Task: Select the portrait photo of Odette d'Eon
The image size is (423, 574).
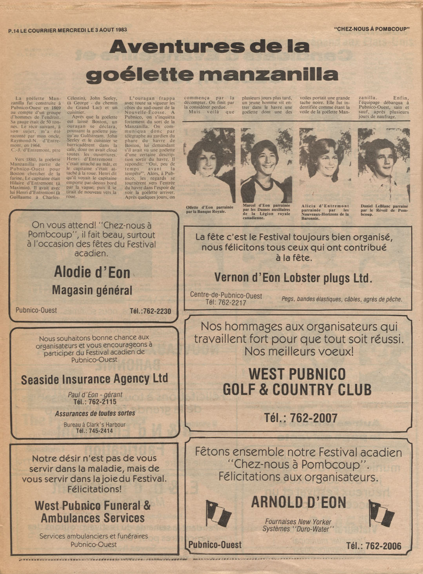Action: point(209,164)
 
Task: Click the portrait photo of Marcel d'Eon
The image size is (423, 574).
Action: point(266,165)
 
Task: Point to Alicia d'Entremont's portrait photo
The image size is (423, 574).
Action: point(325,165)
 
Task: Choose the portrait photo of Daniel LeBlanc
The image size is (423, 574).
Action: point(383,165)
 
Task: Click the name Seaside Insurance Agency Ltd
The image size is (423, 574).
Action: point(94,379)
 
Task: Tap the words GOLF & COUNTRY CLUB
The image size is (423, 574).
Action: point(297,390)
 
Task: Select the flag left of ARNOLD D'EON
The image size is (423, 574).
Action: point(218,513)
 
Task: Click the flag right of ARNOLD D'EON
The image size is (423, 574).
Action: point(381,513)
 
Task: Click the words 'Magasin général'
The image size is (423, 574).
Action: point(92,290)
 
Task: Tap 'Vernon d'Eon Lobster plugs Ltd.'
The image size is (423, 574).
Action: point(293,278)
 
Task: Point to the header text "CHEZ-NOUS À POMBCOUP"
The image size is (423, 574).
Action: point(372,29)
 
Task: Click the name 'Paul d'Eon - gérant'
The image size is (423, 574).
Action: point(95,395)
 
